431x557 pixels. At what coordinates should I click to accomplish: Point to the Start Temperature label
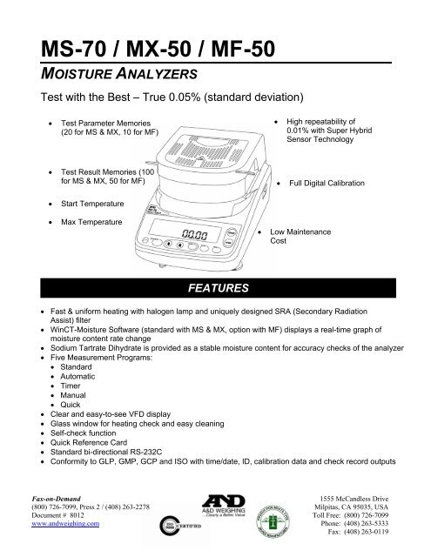(x=91, y=204)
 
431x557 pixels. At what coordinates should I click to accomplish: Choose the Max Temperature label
(x=89, y=222)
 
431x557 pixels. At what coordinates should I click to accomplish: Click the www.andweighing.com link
(x=66, y=525)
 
